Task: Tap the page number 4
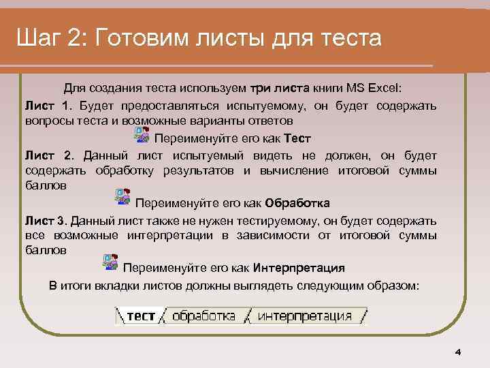pyautogui.click(x=458, y=352)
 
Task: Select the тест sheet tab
pyautogui.click(x=141, y=316)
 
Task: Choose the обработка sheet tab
pyautogui.click(x=203, y=316)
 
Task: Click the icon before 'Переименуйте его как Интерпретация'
pyautogui.click(x=110, y=262)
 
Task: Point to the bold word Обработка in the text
pyautogui.click(x=297, y=203)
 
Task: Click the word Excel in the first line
pyautogui.click(x=385, y=89)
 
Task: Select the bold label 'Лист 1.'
pyautogui.click(x=48, y=106)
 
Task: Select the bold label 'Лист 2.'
pyautogui.click(x=48, y=155)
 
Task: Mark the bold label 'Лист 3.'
pyautogui.click(x=46, y=221)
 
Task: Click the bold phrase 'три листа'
pyautogui.click(x=280, y=89)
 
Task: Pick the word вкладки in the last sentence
pyautogui.click(x=109, y=286)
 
